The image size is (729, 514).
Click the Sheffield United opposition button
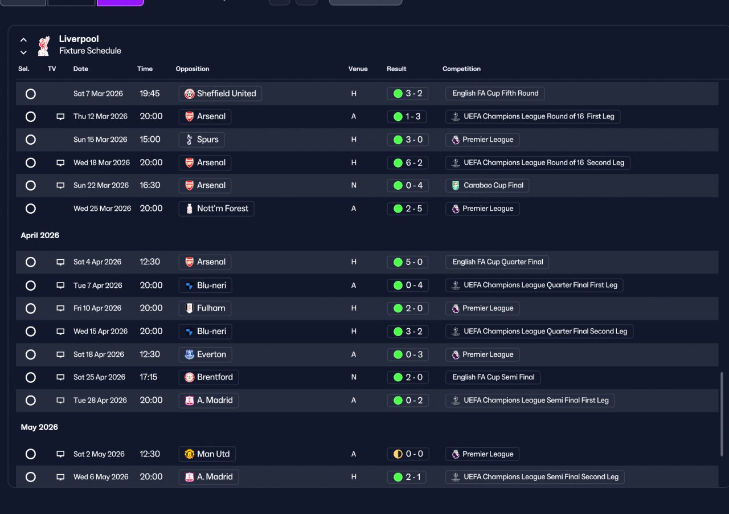[220, 93]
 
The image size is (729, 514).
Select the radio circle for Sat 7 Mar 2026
[31, 94]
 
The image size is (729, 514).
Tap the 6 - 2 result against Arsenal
[407, 162]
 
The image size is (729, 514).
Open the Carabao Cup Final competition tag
[487, 185]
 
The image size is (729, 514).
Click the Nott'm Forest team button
[216, 209]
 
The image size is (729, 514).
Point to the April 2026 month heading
[40, 235]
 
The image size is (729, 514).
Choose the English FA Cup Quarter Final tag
[497, 262]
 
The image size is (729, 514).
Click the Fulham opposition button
[205, 308]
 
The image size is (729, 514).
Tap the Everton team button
[206, 354]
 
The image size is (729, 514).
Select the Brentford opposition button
[208, 377]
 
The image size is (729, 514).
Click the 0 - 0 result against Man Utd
[408, 454]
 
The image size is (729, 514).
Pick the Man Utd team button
[207, 454]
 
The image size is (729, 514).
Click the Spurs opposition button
[202, 140]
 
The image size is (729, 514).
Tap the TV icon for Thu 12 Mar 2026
[60, 117]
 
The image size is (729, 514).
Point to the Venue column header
[358, 69]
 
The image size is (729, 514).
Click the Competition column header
[461, 69]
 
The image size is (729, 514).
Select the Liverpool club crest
[44, 46]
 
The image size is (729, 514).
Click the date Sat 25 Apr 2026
[99, 377]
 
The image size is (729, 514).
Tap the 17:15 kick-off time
[149, 377]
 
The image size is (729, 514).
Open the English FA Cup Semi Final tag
[493, 377]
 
